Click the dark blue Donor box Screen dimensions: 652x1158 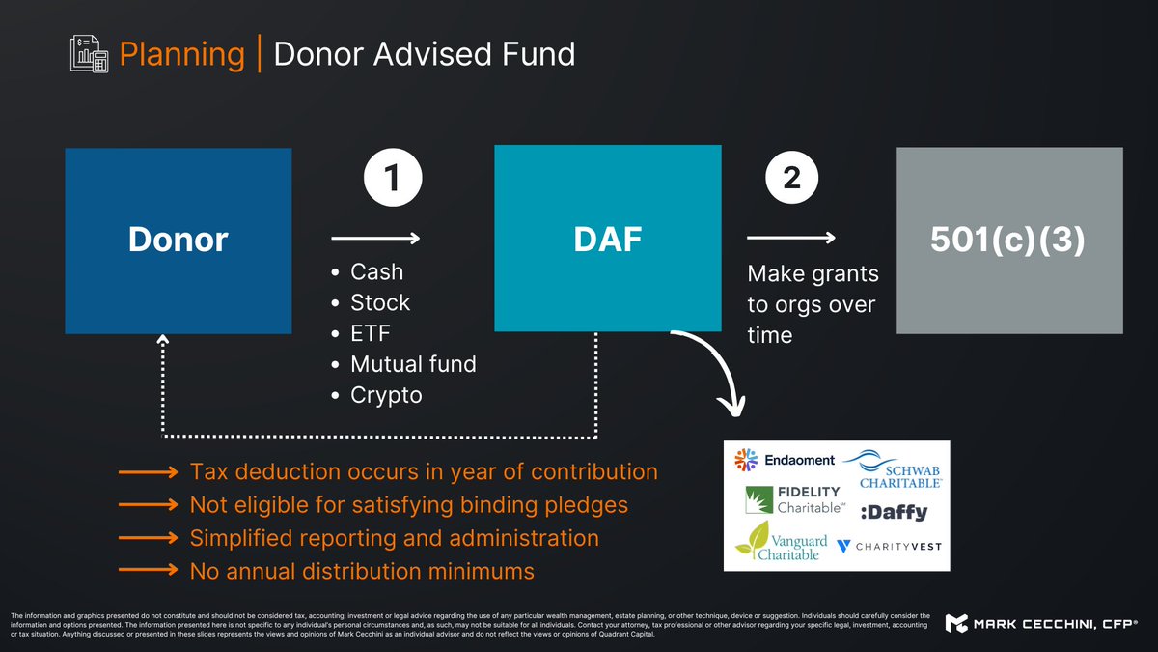pos(178,241)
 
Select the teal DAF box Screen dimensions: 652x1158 pos(607,239)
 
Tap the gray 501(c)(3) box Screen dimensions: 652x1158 pos(1009,241)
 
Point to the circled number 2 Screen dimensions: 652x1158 pos(792,179)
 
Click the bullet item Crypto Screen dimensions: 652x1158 pos(386,395)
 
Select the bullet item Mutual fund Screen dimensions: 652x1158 pos(413,364)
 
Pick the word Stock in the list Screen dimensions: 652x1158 pos(380,302)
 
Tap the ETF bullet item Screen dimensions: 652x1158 pos(372,333)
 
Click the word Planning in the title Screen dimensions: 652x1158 pos(181,54)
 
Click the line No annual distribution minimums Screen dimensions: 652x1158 pos(362,571)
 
